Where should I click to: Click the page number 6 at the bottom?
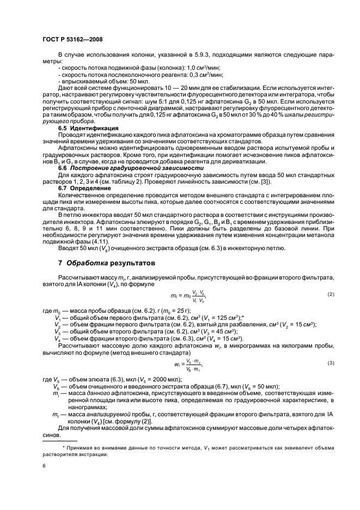[x=44, y=467]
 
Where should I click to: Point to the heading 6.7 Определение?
[x=85, y=187]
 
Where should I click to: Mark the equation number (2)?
[x=330, y=295]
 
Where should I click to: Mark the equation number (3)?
[x=330, y=362]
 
